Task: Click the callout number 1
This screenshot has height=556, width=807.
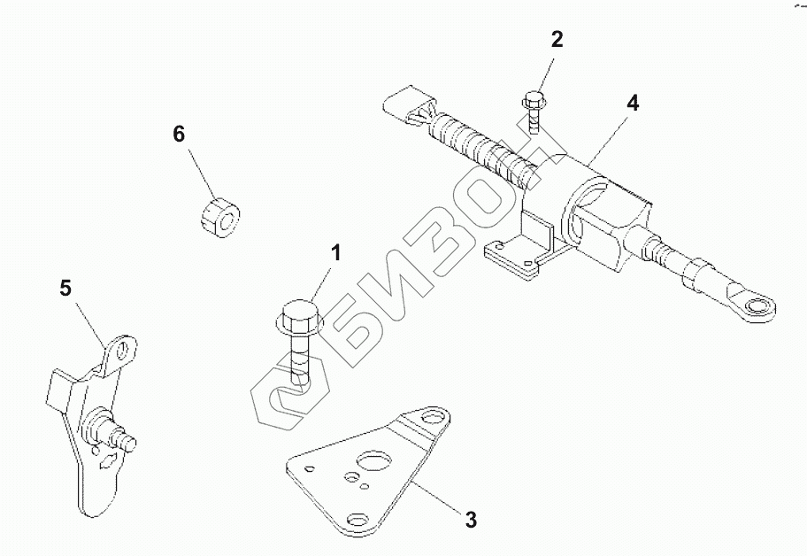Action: coord(335,253)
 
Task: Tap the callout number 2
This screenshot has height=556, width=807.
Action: coord(557,40)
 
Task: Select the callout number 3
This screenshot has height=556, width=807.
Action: coord(472,519)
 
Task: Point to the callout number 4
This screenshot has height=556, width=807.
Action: coord(632,103)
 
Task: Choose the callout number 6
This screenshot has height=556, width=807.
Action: coord(179,134)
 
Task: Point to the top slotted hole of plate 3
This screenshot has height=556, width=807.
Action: coord(432,415)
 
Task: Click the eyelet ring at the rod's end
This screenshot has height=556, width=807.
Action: coord(755,307)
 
